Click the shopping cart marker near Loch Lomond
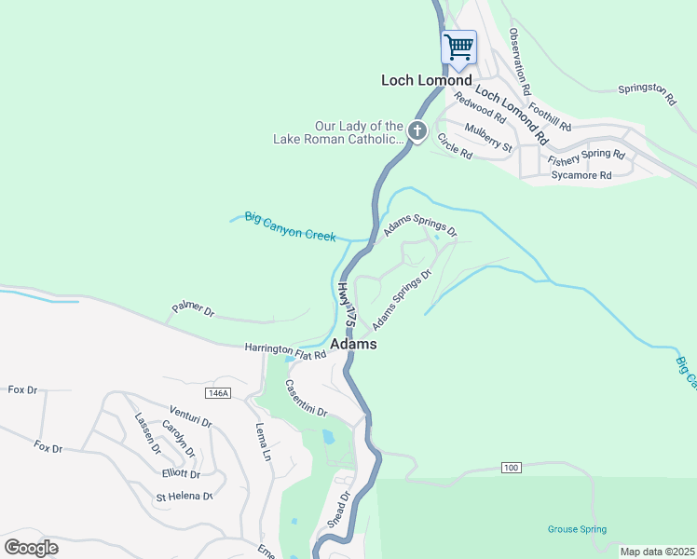click(458, 48)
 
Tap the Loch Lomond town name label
click(427, 80)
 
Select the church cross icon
click(417, 131)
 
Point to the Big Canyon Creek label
click(290, 225)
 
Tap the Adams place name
click(354, 344)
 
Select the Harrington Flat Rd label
click(285, 351)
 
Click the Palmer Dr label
click(193, 308)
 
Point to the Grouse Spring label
click(577, 529)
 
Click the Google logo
click(31, 547)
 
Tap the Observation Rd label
click(520, 62)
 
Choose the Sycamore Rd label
click(581, 174)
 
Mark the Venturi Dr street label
click(192, 416)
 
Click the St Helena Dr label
click(184, 496)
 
